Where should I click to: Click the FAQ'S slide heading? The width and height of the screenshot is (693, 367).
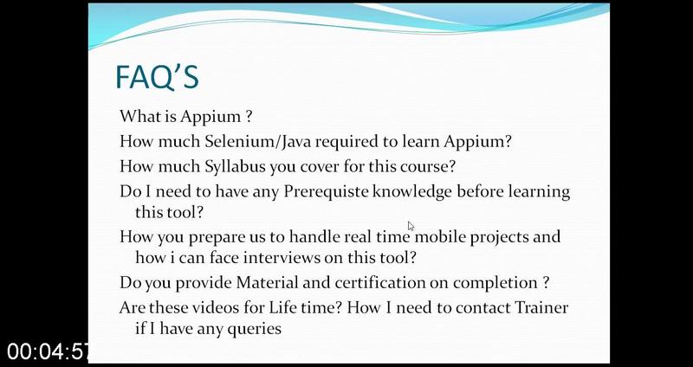(x=158, y=77)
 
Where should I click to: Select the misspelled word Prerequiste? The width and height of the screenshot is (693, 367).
(x=327, y=192)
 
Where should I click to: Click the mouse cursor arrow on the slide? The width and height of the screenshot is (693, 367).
(x=411, y=226)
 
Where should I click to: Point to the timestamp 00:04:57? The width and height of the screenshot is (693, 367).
(x=48, y=351)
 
